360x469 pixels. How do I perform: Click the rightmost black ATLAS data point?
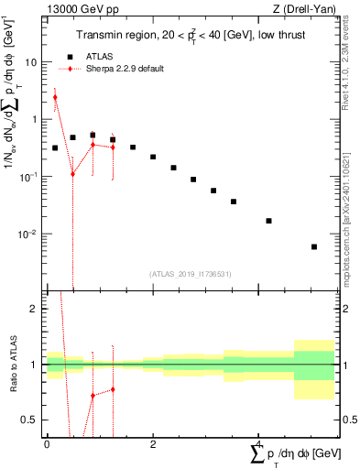pyautogui.click(x=314, y=246)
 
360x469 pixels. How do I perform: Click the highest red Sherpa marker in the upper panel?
pyautogui.click(x=55, y=97)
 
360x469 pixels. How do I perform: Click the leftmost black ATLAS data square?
pyautogui.click(x=55, y=147)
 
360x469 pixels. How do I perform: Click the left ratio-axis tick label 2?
pyautogui.click(x=33, y=309)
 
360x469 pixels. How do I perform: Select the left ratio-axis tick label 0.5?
pyautogui.click(x=29, y=420)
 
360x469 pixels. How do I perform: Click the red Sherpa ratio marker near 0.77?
pyautogui.click(x=113, y=389)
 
